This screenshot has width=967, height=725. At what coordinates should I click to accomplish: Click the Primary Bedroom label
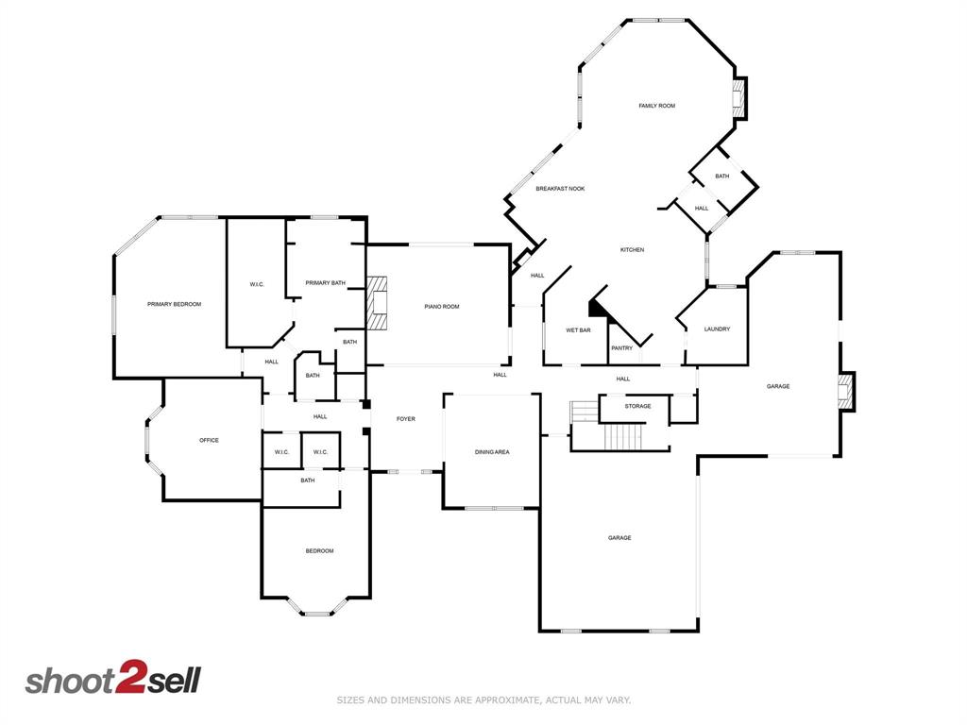[174, 304]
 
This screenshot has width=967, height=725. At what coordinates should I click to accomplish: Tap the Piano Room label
[442, 307]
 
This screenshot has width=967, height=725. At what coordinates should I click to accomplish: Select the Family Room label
[656, 106]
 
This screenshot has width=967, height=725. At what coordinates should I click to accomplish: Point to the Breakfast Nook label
[560, 189]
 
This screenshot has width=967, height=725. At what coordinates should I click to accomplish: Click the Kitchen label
[632, 250]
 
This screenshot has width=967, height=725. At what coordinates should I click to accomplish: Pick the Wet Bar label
[578, 330]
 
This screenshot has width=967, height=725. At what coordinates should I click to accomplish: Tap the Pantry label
[621, 348]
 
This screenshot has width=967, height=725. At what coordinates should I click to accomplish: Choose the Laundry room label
[717, 329]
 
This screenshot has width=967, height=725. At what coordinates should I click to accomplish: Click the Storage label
[637, 407]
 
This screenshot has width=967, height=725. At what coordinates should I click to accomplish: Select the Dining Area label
[492, 452]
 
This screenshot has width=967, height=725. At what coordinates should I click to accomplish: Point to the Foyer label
[405, 419]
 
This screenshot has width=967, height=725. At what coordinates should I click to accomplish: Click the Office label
[209, 440]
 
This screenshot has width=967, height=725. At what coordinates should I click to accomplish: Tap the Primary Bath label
[325, 283]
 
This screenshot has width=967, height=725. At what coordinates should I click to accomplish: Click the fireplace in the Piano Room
[378, 303]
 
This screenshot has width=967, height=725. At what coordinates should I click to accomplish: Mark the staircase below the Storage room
[622, 437]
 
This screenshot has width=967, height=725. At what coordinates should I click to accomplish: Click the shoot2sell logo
[112, 680]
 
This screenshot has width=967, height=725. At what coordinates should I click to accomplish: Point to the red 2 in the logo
[129, 680]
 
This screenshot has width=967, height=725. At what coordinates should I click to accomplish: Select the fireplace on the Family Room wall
[739, 98]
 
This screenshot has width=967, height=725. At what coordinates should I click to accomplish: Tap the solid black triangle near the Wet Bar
[597, 307]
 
